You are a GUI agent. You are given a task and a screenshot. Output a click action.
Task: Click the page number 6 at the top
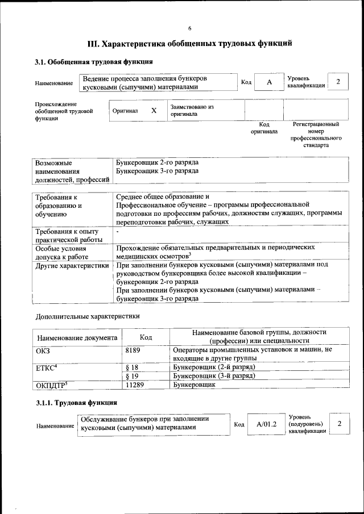pos(190,29)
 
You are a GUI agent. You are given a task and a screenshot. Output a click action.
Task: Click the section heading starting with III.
pos(189,43)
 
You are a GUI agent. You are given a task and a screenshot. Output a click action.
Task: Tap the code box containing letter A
pos(269,82)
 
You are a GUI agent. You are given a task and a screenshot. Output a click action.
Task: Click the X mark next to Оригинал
pos(154,111)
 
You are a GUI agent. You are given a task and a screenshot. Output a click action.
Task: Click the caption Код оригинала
pos(264,128)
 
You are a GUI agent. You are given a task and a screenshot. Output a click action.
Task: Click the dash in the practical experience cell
pos(117,232)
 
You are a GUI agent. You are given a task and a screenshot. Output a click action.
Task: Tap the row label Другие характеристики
pos(72,265)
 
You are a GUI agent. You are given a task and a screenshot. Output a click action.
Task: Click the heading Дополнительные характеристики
pos(87,316)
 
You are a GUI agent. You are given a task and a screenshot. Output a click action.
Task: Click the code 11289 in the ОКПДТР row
pos(135,385)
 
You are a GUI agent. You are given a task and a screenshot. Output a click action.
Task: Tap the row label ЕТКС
pos(47,368)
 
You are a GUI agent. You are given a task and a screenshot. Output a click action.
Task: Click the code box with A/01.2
pos(266,424)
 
